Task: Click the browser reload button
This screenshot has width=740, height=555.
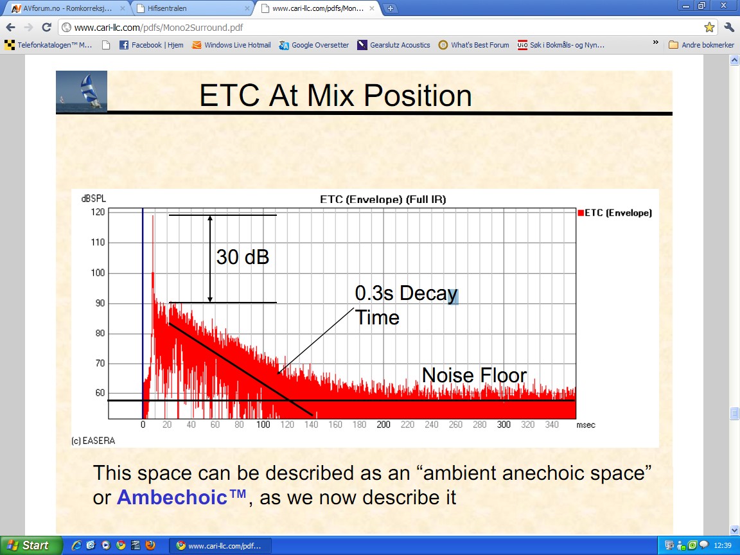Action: pos(46,28)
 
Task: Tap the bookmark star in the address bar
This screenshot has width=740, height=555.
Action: pos(709,28)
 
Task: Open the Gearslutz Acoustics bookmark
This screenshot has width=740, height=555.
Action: pos(394,45)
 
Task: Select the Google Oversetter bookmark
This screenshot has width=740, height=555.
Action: pos(314,45)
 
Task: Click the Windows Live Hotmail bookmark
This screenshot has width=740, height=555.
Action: pos(231,45)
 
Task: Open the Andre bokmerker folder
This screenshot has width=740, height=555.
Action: pos(701,45)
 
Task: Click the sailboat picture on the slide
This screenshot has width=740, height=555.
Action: pos(82,92)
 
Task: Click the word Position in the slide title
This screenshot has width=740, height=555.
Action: pos(418,95)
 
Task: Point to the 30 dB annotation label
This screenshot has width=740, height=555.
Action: pos(243,257)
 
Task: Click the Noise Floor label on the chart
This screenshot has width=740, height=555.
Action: pos(474,375)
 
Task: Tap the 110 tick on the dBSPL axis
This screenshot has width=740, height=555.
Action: pos(98,243)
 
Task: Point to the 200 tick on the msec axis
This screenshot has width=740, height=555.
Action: pos(383,425)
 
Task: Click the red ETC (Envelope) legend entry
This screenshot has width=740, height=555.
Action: pos(615,213)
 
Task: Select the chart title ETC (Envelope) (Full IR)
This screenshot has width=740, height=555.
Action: pos(383,199)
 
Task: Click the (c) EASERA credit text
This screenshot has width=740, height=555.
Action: pos(93,441)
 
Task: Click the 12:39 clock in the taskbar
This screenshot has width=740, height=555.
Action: pos(723,545)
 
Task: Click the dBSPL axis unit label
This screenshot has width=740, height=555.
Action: pos(93,198)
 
